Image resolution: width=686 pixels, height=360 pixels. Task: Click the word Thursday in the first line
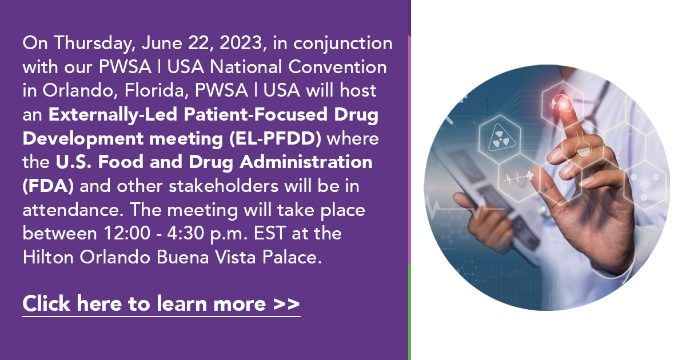[x=94, y=43]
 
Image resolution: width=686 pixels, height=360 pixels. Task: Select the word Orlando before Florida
[x=79, y=91]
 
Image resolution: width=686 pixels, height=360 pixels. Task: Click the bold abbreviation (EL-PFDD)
[x=276, y=138]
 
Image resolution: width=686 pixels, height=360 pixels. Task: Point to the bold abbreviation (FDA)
[x=48, y=186]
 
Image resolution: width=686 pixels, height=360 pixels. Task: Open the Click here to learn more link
[x=161, y=304]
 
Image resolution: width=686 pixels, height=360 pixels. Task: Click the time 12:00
[x=127, y=233]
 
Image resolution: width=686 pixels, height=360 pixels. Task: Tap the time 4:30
[x=186, y=233]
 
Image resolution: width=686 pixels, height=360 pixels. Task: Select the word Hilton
[x=48, y=257]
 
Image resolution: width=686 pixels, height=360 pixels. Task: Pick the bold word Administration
[x=306, y=162]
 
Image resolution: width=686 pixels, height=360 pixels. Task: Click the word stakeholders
[x=224, y=186]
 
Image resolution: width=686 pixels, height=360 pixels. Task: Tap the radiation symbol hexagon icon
[x=500, y=139]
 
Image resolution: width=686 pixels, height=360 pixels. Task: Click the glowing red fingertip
[x=563, y=102]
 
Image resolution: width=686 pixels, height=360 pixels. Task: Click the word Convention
[x=337, y=67]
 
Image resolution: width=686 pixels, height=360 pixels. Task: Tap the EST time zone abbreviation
[x=270, y=233]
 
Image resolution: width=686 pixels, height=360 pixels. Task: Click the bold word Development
[x=83, y=139]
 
